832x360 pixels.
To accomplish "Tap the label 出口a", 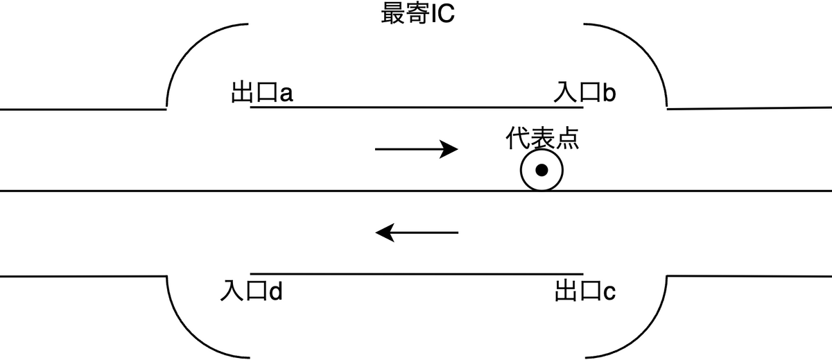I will point(262,93).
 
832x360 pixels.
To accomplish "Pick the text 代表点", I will point(541,139).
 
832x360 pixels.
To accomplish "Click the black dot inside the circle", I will point(542,170).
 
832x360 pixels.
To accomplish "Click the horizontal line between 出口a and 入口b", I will point(416,108).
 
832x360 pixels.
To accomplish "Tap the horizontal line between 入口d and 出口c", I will point(416,275).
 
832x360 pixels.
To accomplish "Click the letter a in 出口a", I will point(286,94).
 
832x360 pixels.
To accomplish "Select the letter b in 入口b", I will point(609,93).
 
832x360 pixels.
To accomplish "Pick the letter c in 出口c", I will point(609,294).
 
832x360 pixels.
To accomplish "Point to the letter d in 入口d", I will point(275,292).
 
